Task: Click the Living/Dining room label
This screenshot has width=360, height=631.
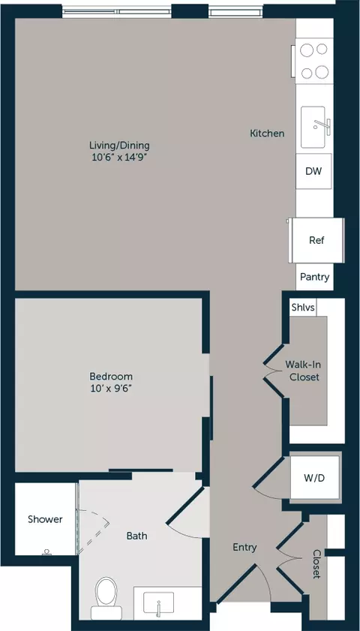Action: [119, 145]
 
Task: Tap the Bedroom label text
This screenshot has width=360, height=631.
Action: [111, 377]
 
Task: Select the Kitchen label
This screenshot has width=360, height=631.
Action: [267, 134]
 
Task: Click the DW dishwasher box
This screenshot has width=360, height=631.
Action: [313, 171]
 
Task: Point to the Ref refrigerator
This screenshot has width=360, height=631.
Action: [316, 240]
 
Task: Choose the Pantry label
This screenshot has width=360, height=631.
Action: [314, 277]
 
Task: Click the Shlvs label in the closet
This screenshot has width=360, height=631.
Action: [303, 308]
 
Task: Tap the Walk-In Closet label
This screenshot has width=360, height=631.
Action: [302, 371]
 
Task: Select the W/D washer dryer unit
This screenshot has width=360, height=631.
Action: [314, 478]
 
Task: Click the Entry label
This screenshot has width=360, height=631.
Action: [244, 547]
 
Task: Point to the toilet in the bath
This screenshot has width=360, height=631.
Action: [106, 598]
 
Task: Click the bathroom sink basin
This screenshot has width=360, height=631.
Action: [159, 602]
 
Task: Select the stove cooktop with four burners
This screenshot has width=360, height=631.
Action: [314, 61]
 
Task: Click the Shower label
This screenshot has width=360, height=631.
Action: [45, 519]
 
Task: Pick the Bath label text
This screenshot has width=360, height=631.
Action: [136, 536]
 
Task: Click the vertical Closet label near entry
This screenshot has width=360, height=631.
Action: [316, 563]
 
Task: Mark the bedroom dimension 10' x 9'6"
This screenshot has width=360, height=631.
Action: [111, 389]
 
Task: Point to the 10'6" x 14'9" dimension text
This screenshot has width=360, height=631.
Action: [119, 158]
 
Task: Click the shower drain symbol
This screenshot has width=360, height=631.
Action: [46, 551]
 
